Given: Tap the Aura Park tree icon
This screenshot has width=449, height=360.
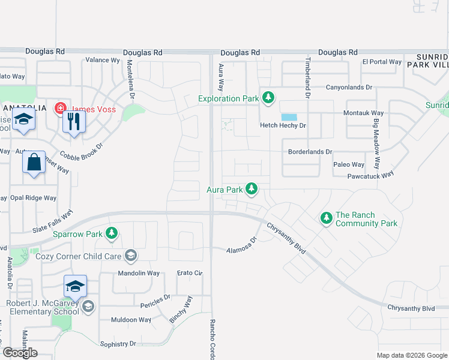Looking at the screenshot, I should (252, 190).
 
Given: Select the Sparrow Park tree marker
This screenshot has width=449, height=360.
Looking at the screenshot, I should (111, 233).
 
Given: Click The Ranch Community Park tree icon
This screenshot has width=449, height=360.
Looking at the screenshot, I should (326, 218).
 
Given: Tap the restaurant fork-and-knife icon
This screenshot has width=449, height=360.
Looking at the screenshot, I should (74, 122).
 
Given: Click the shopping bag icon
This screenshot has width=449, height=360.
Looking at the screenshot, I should (34, 163).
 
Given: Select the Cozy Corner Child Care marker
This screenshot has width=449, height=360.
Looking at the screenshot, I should (130, 257).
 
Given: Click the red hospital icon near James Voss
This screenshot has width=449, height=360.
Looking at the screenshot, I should (60, 109).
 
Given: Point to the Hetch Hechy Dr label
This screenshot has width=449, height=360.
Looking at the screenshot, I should (283, 125).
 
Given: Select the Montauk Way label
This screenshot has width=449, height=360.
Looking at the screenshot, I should (363, 113).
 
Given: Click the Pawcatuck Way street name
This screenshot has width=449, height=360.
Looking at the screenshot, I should (370, 176).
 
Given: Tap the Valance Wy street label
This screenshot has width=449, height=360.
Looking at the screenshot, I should (103, 60).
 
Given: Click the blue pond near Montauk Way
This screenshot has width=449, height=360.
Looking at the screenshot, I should (289, 117).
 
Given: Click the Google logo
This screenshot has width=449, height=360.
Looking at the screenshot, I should (20, 353).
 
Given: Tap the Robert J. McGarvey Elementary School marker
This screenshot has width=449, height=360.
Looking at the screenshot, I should (88, 307).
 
